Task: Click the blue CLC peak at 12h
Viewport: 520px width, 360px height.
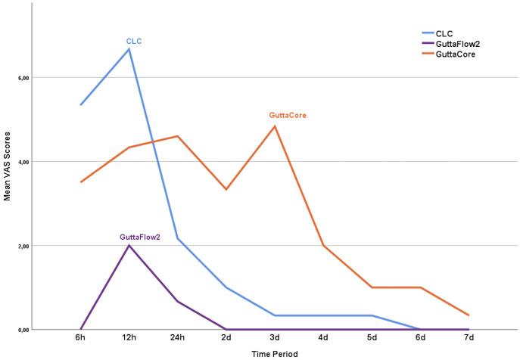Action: (x=129, y=49)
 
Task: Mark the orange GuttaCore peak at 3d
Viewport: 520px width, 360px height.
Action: (x=275, y=126)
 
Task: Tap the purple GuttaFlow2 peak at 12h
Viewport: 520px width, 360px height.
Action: (x=129, y=245)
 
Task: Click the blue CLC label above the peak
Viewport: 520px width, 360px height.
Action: (x=134, y=41)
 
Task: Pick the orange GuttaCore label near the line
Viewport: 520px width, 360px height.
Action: (x=288, y=116)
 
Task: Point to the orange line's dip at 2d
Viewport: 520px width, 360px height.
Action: (x=226, y=189)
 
